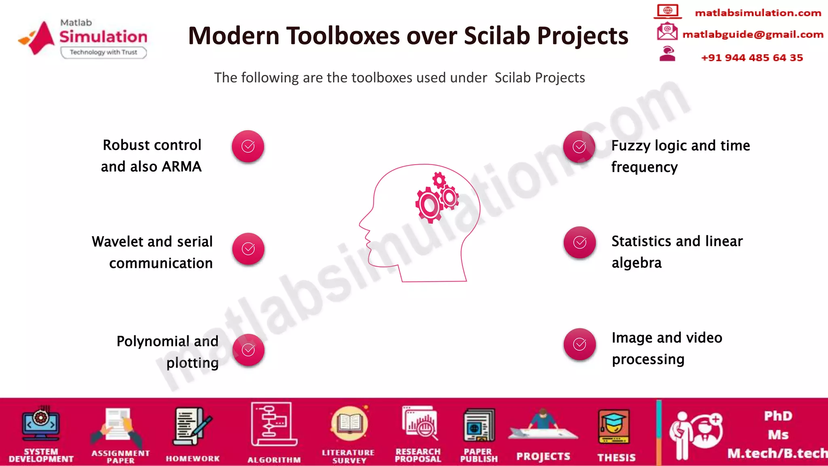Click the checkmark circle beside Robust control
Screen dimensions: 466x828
(x=248, y=146)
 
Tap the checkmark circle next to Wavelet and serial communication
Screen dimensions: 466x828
(x=248, y=249)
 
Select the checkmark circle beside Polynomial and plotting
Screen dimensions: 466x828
(x=248, y=350)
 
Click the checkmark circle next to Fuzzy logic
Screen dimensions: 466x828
(x=579, y=147)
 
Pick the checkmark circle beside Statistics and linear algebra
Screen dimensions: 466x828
(x=580, y=242)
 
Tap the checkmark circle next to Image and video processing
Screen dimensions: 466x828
(x=580, y=344)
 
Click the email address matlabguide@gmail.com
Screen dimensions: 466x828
(x=752, y=34)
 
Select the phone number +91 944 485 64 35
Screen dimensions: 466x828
(x=752, y=57)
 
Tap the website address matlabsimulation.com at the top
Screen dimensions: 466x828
(x=758, y=13)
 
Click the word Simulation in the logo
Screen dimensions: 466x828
(x=103, y=37)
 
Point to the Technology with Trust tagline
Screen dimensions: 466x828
(x=103, y=52)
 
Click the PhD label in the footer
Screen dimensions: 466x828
(x=778, y=416)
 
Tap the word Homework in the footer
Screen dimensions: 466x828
(x=192, y=458)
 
